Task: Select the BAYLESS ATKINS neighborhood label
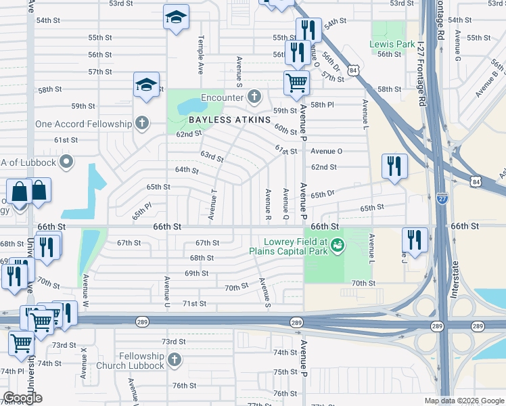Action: coord(229,120)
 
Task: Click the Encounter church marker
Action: coord(254,97)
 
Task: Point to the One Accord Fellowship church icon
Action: coord(141,124)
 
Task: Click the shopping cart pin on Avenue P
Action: coord(296,83)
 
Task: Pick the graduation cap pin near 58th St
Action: coord(146,85)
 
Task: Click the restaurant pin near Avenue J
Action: coord(414,240)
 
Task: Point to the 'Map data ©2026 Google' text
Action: coord(463,401)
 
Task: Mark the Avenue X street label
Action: coord(84,363)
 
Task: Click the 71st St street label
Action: coord(194,304)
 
